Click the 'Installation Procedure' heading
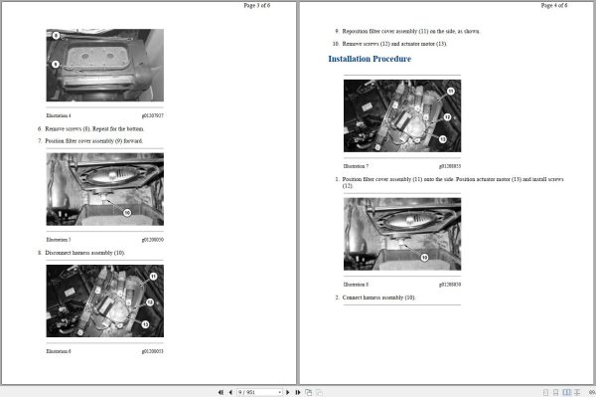[370, 59]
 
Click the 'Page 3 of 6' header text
[263, 5]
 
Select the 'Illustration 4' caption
[59, 115]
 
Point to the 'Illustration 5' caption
[59, 240]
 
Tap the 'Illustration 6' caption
[59, 351]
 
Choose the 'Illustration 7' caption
[356, 165]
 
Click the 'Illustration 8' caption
[356, 284]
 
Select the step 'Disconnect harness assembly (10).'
[88, 253]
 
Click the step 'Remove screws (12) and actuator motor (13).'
[394, 44]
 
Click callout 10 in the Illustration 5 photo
[126, 211]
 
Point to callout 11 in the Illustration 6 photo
[153, 276]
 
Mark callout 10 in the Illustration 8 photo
[424, 257]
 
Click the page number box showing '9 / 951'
[259, 392]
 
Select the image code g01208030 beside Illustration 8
[450, 284]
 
